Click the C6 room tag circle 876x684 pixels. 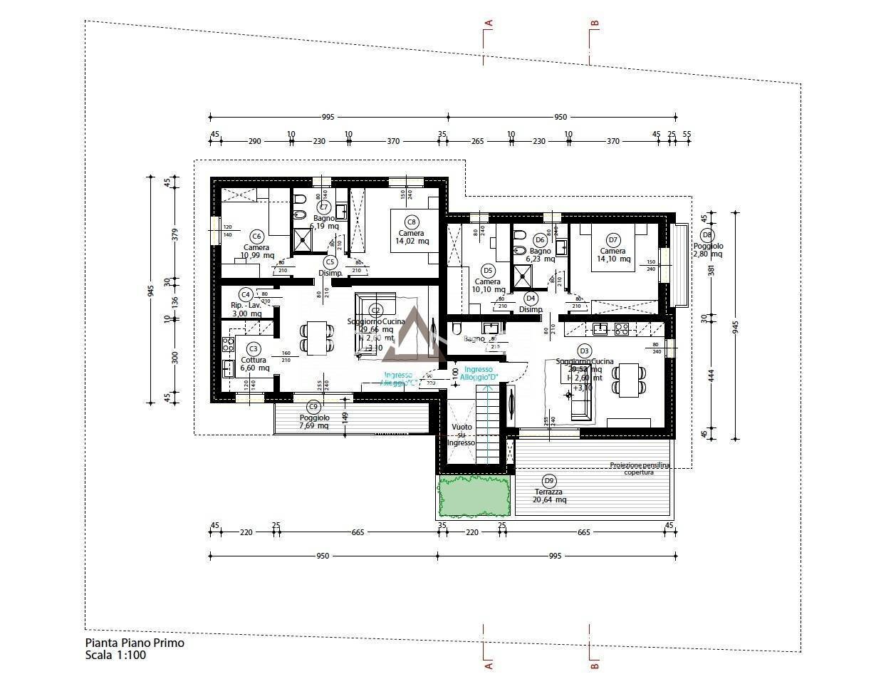tap(257, 237)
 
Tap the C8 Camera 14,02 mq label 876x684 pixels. tap(412, 233)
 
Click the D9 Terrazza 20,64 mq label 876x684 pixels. tap(549, 491)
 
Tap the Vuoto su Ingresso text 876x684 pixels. tap(461, 435)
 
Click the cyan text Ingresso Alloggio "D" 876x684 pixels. tap(478, 373)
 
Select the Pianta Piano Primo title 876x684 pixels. tap(135, 643)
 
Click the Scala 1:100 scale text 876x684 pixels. tap(115, 655)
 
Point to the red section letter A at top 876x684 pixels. tap(489, 24)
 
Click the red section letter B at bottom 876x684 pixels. tap(594, 665)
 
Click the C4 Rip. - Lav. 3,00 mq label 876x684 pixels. tap(246, 304)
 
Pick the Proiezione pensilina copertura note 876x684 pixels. tap(639, 468)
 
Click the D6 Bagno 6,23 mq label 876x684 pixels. tap(540, 251)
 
